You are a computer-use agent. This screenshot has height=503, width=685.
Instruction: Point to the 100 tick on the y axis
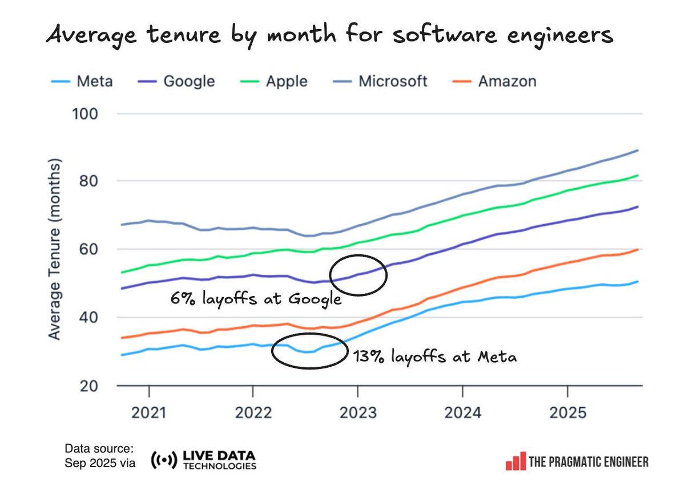(86, 113)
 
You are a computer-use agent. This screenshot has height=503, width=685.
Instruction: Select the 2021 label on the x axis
(148, 412)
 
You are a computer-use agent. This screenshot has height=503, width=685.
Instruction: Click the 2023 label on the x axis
(357, 412)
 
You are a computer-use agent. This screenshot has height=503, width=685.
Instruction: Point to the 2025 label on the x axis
(567, 412)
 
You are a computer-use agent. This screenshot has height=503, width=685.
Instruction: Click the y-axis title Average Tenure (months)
(54, 250)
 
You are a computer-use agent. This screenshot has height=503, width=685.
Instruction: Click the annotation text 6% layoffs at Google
(256, 298)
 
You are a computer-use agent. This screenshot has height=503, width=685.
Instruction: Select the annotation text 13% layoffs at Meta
(435, 358)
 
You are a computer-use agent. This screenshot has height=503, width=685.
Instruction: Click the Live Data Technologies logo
(203, 460)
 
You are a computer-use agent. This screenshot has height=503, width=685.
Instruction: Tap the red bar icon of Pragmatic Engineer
(515, 461)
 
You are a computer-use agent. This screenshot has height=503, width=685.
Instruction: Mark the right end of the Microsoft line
(638, 151)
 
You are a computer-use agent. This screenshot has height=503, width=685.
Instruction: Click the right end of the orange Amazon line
(638, 249)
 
